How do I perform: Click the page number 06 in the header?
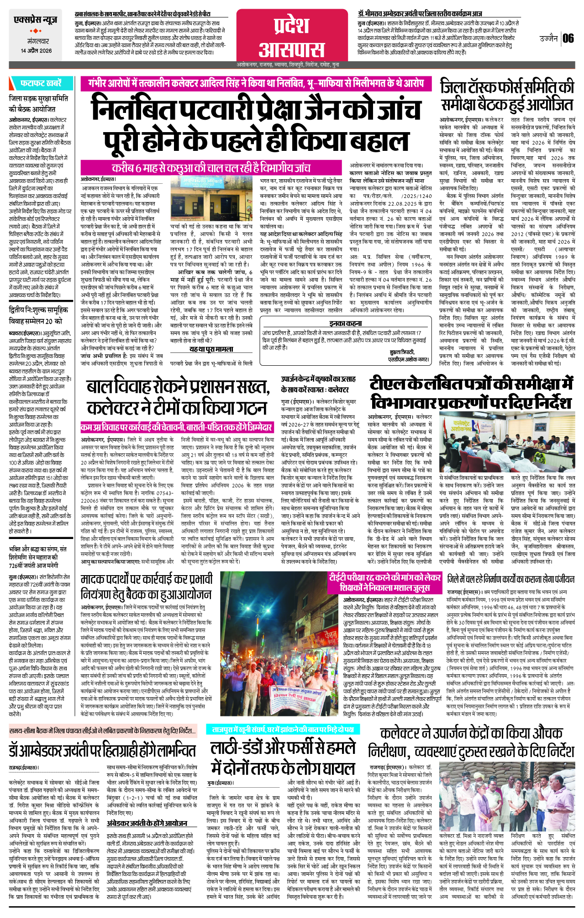(x=568, y=38)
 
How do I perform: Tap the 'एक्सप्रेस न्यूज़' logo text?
(x=36, y=20)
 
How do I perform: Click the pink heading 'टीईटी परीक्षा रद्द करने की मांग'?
(x=385, y=582)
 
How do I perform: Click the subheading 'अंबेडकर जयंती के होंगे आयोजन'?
(x=147, y=823)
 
